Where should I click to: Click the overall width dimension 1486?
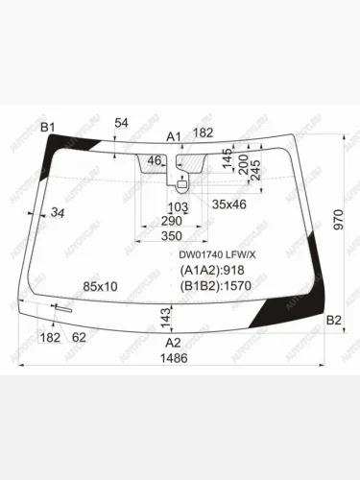(173, 358)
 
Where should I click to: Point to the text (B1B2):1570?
(217, 285)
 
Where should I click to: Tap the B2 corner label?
(333, 321)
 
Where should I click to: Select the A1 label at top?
(174, 136)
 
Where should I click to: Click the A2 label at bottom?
(173, 343)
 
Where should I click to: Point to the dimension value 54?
(121, 123)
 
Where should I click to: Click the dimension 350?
(172, 236)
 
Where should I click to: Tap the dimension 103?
(178, 206)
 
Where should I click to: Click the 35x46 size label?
(228, 204)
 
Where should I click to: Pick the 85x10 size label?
(100, 286)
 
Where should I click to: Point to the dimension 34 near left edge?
(59, 212)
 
